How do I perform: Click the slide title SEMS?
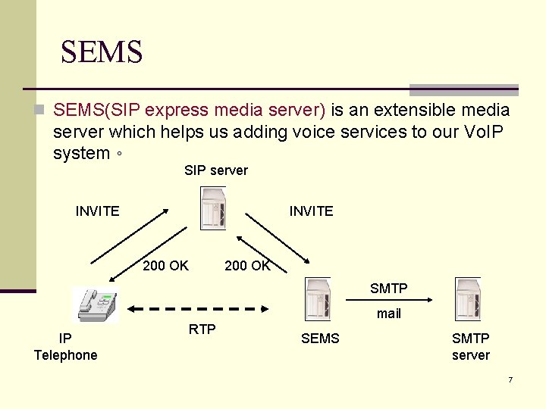click(102, 52)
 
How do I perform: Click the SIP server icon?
click(213, 208)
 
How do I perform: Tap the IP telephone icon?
click(95, 304)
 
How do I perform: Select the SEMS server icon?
click(317, 299)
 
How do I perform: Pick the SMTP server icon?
click(468, 299)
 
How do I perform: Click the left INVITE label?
click(97, 211)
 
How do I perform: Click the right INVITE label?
click(311, 211)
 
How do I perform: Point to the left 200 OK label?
click(165, 265)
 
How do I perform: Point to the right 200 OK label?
click(247, 265)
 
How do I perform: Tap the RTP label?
click(202, 329)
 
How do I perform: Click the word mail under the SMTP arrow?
click(388, 314)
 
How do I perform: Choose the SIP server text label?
click(216, 170)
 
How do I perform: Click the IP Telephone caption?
click(66, 347)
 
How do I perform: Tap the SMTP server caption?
click(470, 347)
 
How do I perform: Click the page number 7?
click(510, 379)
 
